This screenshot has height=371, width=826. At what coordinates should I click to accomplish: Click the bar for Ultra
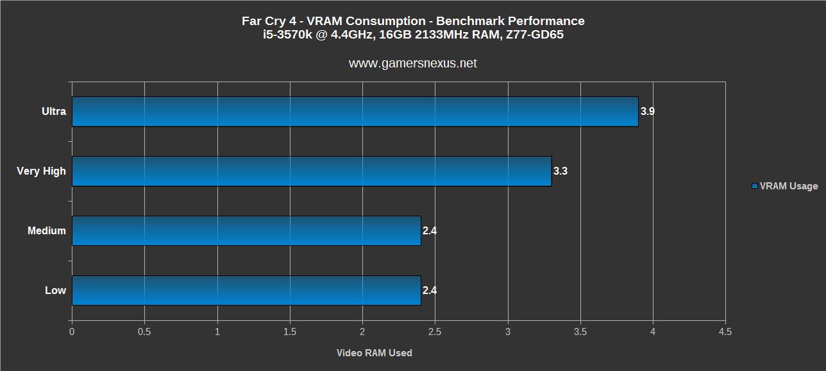(x=355, y=112)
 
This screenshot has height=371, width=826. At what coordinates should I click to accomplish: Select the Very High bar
(x=312, y=171)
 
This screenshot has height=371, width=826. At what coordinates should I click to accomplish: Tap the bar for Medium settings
(x=246, y=230)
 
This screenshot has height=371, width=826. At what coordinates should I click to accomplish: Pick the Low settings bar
(x=246, y=290)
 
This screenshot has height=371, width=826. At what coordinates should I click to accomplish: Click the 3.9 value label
(x=647, y=112)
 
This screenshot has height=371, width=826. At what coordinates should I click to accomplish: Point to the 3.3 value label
(x=560, y=171)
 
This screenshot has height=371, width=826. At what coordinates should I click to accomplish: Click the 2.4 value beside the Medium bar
(x=430, y=231)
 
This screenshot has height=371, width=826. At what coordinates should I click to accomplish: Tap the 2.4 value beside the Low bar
(x=430, y=291)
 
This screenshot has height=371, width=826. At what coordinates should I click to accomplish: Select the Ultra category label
(x=54, y=112)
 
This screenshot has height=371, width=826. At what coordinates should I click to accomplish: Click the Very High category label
(x=42, y=171)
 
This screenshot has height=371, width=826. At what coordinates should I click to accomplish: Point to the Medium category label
(x=47, y=231)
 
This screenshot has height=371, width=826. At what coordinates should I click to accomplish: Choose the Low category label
(x=55, y=291)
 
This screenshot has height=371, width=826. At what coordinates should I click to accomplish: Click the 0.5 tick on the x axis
(x=144, y=332)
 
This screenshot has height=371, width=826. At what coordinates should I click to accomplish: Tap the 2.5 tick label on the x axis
(x=435, y=332)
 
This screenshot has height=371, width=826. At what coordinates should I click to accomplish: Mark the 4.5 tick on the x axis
(x=725, y=332)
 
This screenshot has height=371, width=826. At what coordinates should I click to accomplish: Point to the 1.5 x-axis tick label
(x=290, y=332)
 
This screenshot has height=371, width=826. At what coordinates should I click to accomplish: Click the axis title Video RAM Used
(x=375, y=353)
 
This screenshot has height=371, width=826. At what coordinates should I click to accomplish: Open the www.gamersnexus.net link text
(x=413, y=64)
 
